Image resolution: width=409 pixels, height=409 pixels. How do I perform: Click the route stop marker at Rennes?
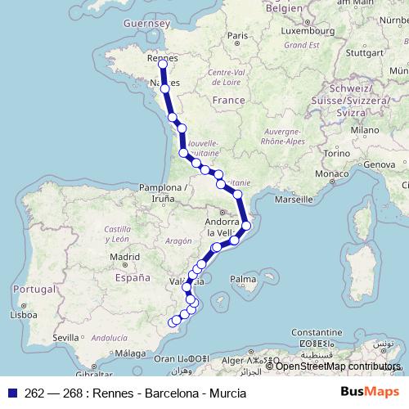[x=162, y=63]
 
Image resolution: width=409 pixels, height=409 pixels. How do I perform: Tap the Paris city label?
[x=238, y=35]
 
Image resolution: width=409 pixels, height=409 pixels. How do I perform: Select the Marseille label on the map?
[x=294, y=199]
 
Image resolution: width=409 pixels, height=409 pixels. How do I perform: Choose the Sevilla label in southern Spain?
[x=65, y=337]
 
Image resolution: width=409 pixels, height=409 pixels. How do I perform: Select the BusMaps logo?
[x=370, y=392]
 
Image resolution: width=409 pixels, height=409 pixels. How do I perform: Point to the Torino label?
[x=335, y=153]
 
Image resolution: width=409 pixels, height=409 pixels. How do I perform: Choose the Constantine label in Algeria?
[x=321, y=333]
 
